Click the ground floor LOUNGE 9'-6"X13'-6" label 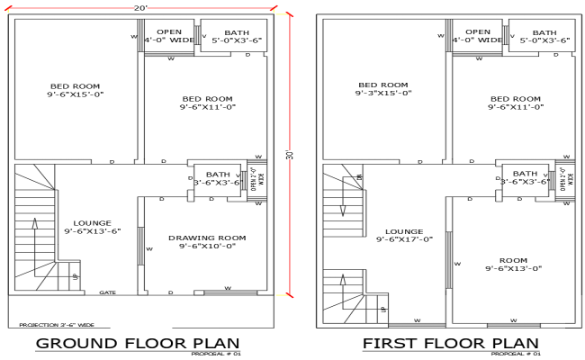(x=92, y=227)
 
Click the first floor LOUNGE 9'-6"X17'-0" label (x=404, y=235)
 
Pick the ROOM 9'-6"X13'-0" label (x=514, y=263)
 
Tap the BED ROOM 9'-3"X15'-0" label (x=382, y=88)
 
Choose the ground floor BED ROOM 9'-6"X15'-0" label (x=75, y=88)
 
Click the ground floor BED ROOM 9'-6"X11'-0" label (x=207, y=103)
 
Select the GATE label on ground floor (x=107, y=292)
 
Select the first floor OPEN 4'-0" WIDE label (x=477, y=36)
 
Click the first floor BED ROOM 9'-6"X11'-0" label (x=516, y=103)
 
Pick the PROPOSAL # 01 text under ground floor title (x=216, y=354)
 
